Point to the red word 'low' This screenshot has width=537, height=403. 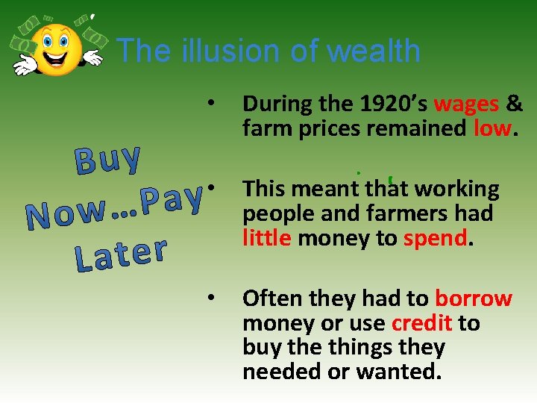[492, 128]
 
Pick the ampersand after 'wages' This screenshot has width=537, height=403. [515, 103]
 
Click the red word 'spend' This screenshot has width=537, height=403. [436, 238]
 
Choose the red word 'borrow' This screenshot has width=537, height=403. [474, 299]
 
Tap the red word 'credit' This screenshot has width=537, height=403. [422, 323]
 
